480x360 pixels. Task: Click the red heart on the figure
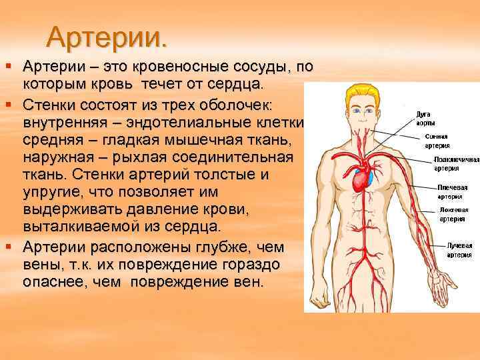pyautogui.click(x=360, y=178)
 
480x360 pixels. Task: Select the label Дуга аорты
pyautogui.click(x=426, y=119)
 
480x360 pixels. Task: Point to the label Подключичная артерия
pyautogui.click(x=457, y=165)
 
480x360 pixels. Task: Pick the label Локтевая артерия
pyautogui.click(x=454, y=213)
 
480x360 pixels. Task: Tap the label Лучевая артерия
pyautogui.click(x=459, y=250)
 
